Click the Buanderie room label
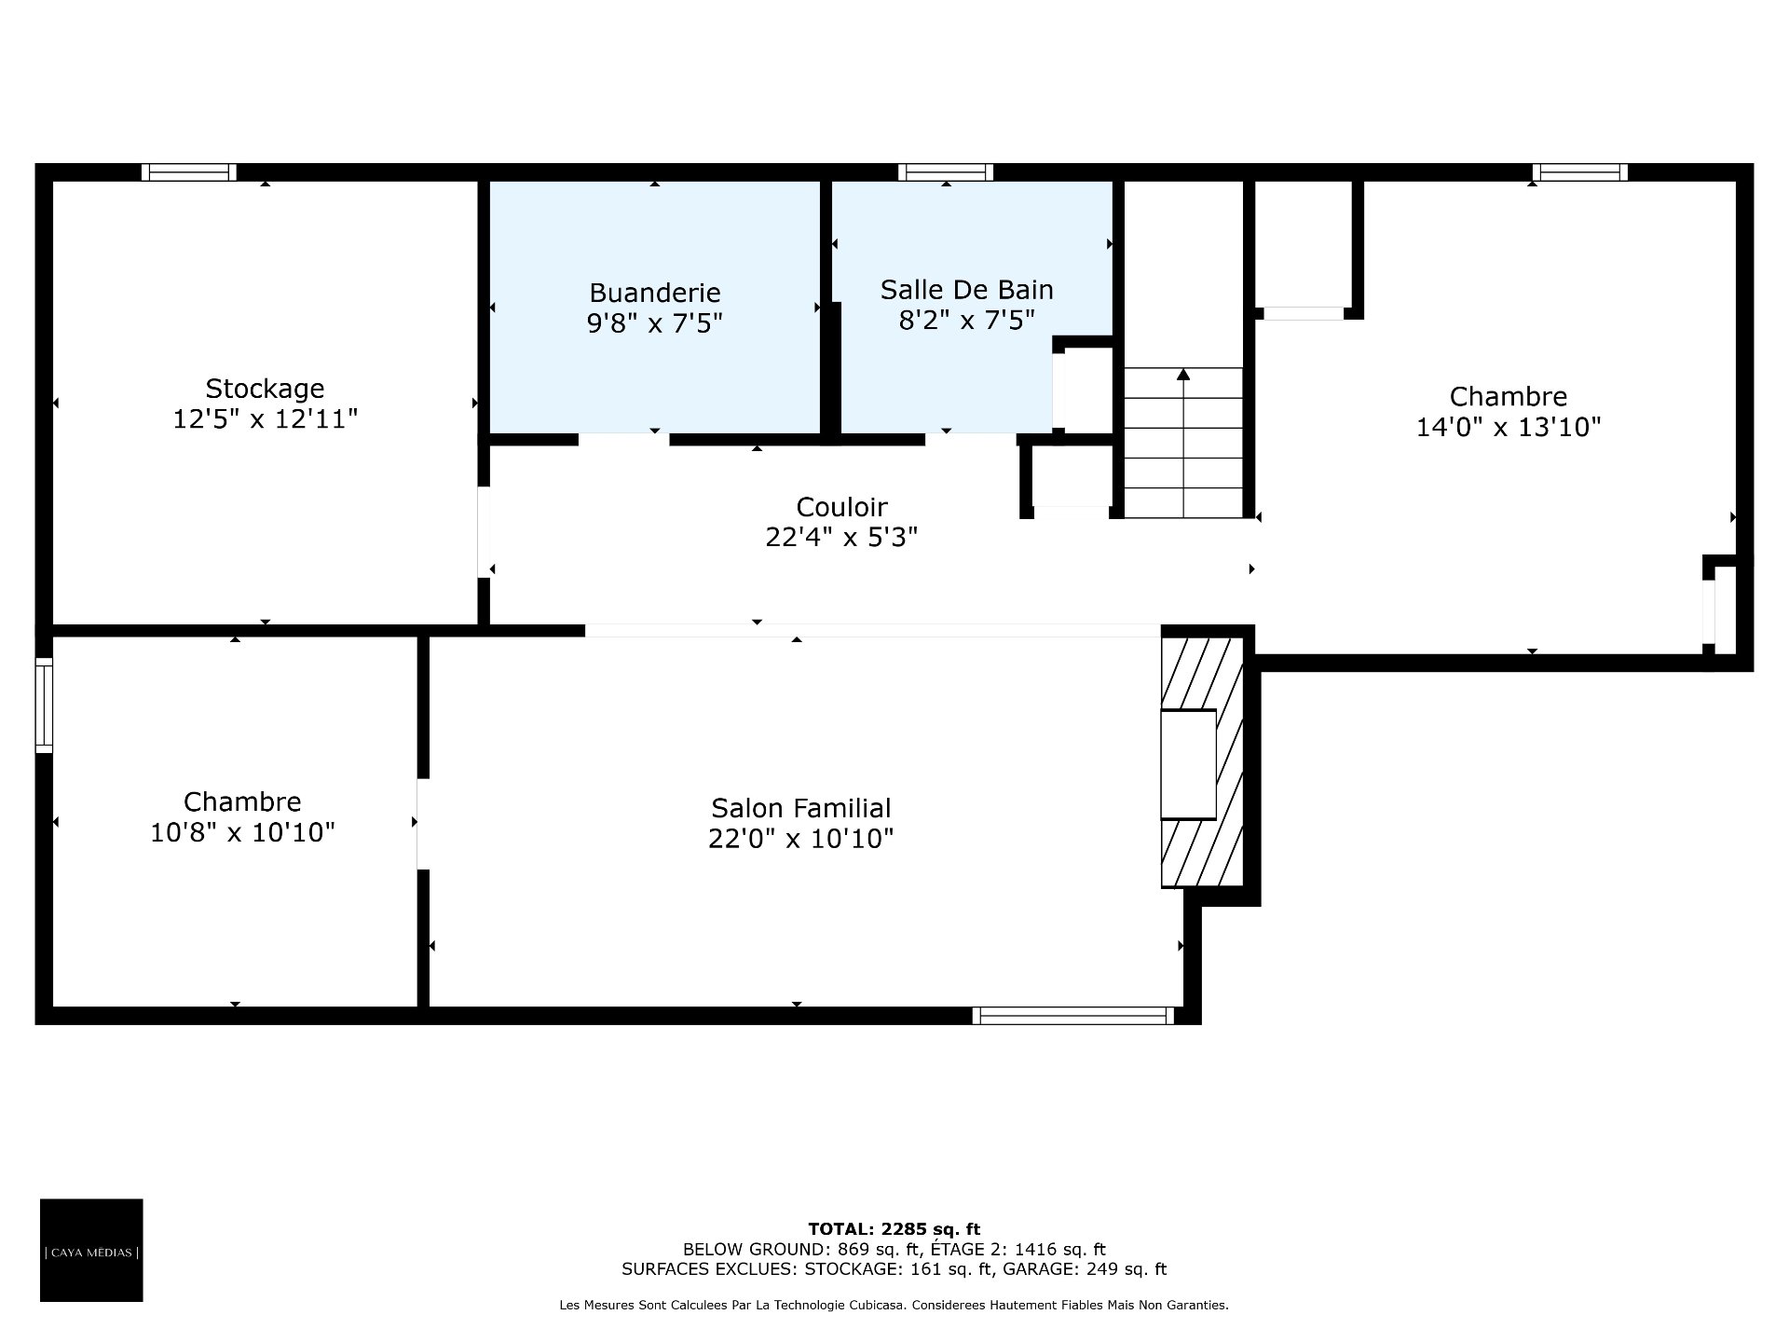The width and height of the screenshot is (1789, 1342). pyautogui.click(x=655, y=293)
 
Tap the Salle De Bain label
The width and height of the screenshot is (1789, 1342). pyautogui.click(x=967, y=290)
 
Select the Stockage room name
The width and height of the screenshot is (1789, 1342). pyautogui.click(x=265, y=389)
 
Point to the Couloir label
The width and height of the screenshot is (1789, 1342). pyautogui.click(x=841, y=507)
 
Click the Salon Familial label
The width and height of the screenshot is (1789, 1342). pyautogui.click(x=800, y=808)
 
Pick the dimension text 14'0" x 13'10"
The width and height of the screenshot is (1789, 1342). pyautogui.click(x=1509, y=427)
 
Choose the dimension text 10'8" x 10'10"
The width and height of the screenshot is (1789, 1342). pyautogui.click(x=242, y=832)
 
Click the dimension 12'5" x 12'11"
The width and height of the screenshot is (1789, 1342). pyautogui.click(x=265, y=419)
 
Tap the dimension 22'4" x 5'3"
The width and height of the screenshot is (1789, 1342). pyautogui.click(x=841, y=538)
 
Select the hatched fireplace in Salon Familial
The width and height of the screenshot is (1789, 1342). pyautogui.click(x=1202, y=762)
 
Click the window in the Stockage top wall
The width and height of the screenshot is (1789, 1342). pyautogui.click(x=189, y=172)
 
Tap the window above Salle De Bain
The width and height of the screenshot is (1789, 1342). pyautogui.click(x=946, y=172)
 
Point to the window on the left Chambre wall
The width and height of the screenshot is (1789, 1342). pyautogui.click(x=44, y=705)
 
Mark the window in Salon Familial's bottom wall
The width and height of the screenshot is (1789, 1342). pyautogui.click(x=1073, y=1016)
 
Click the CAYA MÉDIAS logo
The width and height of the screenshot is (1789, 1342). pyautogui.click(x=91, y=1250)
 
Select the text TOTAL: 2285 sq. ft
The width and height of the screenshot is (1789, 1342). pyautogui.click(x=894, y=1229)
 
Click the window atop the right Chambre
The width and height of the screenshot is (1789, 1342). pyautogui.click(x=1580, y=172)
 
